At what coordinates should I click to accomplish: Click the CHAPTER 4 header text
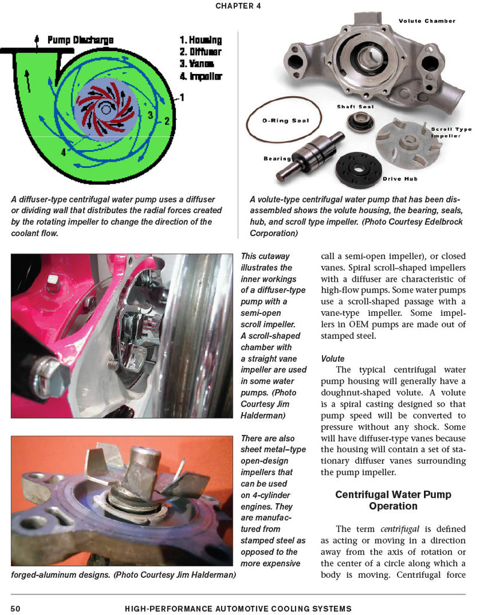(238, 6)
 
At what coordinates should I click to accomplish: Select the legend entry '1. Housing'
(200, 40)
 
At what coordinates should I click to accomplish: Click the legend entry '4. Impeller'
(200, 76)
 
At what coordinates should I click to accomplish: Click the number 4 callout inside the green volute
(63, 152)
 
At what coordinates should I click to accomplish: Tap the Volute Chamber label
(426, 21)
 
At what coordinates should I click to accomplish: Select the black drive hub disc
(358, 169)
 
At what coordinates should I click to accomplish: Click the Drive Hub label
(400, 179)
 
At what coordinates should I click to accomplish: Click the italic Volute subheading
(333, 359)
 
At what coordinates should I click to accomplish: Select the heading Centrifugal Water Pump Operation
(393, 500)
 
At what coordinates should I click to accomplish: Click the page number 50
(16, 608)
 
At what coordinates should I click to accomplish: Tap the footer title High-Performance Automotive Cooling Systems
(238, 608)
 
